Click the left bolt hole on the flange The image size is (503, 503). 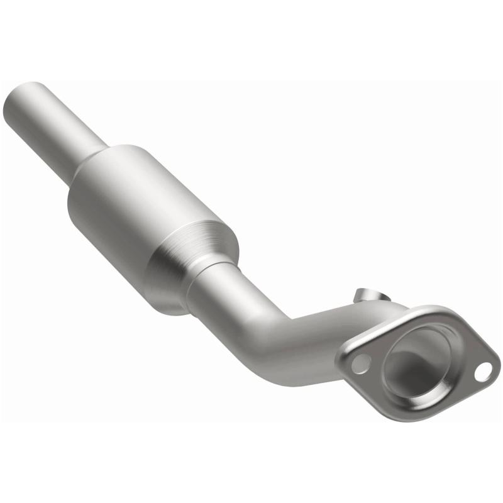[360, 362]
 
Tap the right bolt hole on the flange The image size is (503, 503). [483, 370]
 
